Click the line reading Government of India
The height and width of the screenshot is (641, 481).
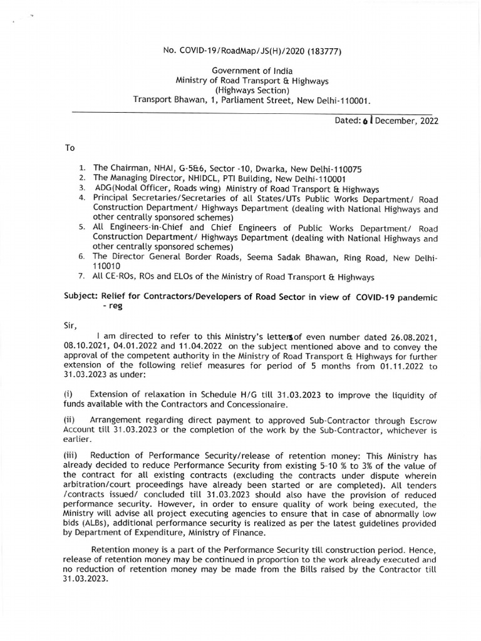252,71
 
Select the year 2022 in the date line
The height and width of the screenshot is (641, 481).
426,121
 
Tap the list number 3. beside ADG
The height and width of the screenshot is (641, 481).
81,188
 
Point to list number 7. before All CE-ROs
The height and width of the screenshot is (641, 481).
81,277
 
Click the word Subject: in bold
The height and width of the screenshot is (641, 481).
81,297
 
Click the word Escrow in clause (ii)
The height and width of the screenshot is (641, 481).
421,421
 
